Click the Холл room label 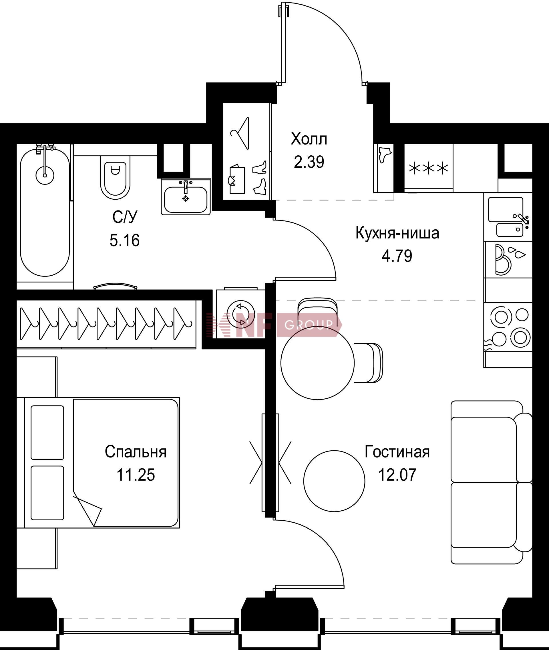(x=309, y=139)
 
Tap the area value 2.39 (x=309, y=162)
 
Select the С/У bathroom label (x=124, y=217)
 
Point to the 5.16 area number (x=124, y=240)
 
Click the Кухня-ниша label (x=397, y=233)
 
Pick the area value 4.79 (x=397, y=256)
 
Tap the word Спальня (x=136, y=452)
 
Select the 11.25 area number (x=136, y=475)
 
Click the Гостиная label (x=397, y=452)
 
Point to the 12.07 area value (x=397, y=475)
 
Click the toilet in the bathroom (x=115, y=177)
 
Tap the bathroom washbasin (x=186, y=196)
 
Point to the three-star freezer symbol (x=428, y=168)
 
